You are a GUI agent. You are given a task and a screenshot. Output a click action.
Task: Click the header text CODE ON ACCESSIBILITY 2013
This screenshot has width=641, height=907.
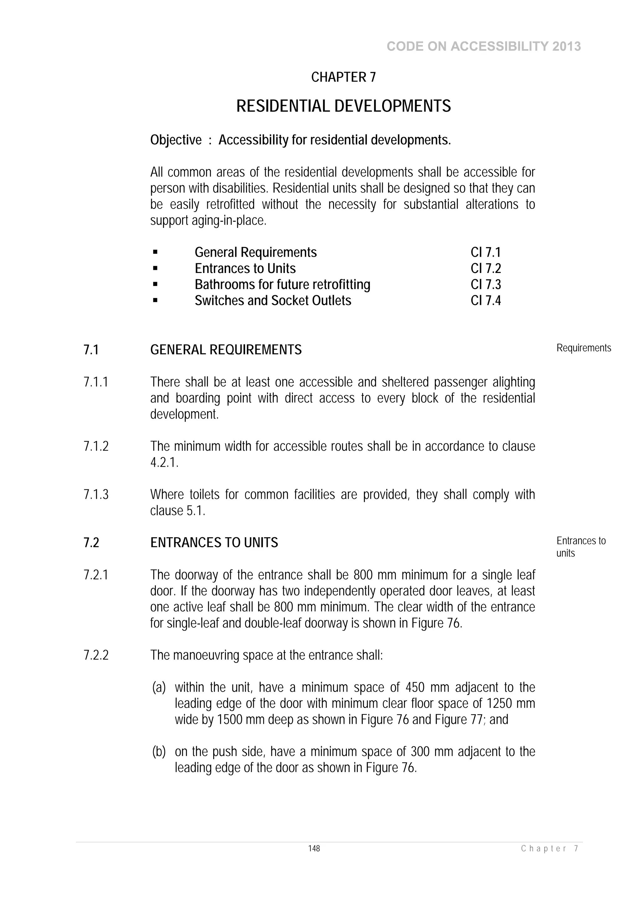(x=484, y=47)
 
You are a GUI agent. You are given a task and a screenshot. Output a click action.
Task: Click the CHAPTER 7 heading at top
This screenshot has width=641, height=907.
(x=343, y=77)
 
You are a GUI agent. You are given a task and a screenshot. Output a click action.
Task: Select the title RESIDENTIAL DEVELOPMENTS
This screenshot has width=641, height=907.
(x=343, y=106)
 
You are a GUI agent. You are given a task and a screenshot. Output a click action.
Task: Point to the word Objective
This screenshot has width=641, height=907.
(x=176, y=140)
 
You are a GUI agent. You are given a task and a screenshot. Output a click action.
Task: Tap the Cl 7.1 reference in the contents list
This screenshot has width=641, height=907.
(x=485, y=252)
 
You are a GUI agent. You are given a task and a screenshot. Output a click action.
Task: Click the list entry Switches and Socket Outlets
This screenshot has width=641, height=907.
(x=273, y=301)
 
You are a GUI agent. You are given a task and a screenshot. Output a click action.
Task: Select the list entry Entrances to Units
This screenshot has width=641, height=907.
(x=245, y=269)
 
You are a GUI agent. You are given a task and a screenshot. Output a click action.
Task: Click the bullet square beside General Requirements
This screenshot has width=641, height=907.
(x=155, y=252)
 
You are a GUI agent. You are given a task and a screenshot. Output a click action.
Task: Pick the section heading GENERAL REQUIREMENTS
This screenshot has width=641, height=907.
(x=226, y=350)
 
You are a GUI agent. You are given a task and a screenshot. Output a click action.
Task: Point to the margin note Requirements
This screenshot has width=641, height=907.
(x=583, y=348)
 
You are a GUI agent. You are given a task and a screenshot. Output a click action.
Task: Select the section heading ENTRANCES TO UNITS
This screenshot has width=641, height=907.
(x=214, y=543)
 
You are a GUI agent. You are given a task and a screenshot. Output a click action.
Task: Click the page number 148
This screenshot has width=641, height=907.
(x=314, y=848)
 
